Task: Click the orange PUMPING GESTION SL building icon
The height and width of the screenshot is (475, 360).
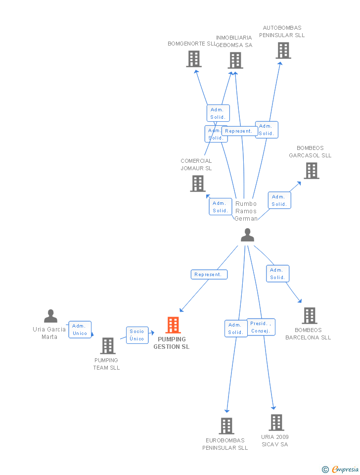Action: [173, 325]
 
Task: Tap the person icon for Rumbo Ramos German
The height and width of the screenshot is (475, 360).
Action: [247, 235]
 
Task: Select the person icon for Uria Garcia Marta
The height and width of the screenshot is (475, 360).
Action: [50, 316]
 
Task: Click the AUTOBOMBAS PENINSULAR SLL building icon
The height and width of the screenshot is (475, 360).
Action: [283, 50]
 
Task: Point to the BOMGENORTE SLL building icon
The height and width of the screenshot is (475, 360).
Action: [194, 59]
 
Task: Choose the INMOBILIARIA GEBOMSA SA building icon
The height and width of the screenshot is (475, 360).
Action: [235, 60]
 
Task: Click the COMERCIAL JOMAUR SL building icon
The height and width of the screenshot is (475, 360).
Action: [198, 184]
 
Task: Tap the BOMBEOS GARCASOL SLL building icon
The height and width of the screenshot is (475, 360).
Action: [311, 171]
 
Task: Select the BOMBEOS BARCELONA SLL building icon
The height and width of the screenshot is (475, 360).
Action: [309, 316]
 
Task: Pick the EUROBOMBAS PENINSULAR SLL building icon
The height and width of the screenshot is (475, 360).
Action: [226, 426]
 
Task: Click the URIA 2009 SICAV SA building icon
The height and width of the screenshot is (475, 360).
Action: [276, 423]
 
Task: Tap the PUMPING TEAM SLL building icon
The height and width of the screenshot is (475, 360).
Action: [107, 346]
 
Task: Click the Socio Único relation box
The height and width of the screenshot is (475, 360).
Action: [137, 335]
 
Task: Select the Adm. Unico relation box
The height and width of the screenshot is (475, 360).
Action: [80, 330]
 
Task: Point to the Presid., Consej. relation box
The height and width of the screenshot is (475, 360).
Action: [261, 327]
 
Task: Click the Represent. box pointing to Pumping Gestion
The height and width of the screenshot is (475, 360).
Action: [209, 275]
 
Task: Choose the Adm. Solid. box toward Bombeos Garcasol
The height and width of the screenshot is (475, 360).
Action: [279, 200]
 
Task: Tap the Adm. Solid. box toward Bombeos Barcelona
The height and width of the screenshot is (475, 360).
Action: [277, 274]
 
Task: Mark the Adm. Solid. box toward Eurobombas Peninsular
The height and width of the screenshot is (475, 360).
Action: [236, 329]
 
